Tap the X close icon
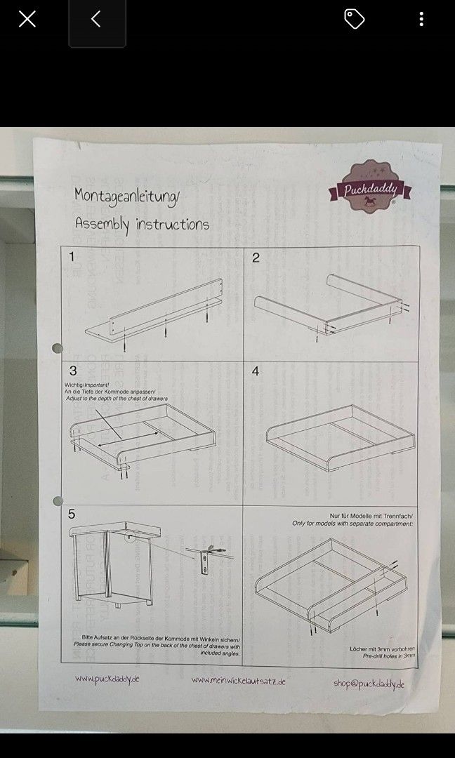(x=27, y=19)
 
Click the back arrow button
(x=96, y=19)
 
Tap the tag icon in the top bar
(x=354, y=19)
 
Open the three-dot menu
(x=421, y=19)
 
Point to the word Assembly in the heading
(x=103, y=225)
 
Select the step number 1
(x=72, y=257)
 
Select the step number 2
(x=256, y=258)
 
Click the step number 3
(x=72, y=371)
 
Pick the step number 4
(x=256, y=371)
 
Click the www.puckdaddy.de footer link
(x=107, y=679)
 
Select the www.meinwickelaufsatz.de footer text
(x=238, y=681)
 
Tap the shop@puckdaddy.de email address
(x=369, y=684)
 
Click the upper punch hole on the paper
(x=58, y=348)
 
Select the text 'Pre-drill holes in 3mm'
(x=388, y=655)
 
